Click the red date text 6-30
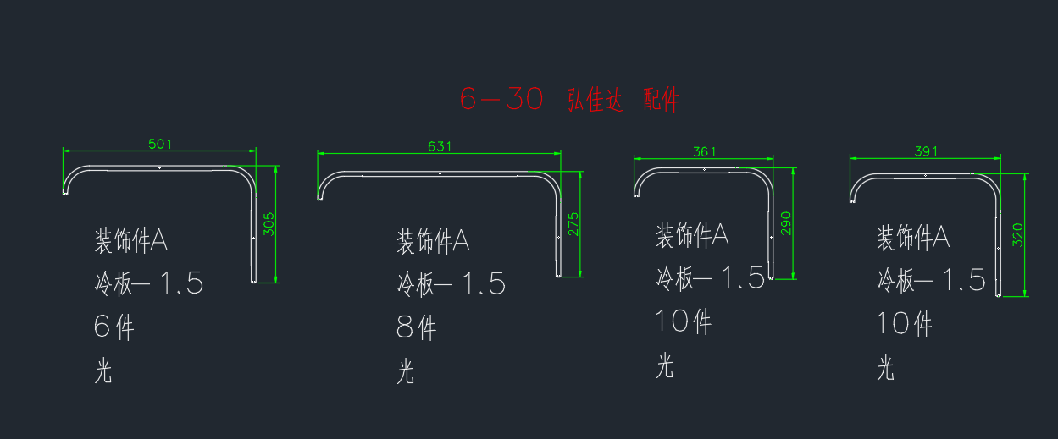pyautogui.click(x=501, y=99)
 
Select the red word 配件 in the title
pyautogui.click(x=662, y=100)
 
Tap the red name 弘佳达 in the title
pyautogui.click(x=595, y=100)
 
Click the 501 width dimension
pyautogui.click(x=160, y=144)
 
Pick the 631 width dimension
pyautogui.click(x=440, y=146)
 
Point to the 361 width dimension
pyautogui.click(x=704, y=152)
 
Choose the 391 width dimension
pyautogui.click(x=926, y=151)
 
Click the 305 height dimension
pyautogui.click(x=269, y=224)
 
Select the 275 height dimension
pyautogui.click(x=573, y=224)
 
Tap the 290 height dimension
pyautogui.click(x=785, y=223)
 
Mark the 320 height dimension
pyautogui.click(x=1017, y=235)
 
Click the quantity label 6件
pyautogui.click(x=114, y=327)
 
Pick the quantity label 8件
pyautogui.click(x=416, y=327)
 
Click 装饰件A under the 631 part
pyautogui.click(x=433, y=241)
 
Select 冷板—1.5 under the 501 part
pyautogui.click(x=149, y=283)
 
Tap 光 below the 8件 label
pyautogui.click(x=406, y=371)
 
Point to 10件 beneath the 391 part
pyautogui.click(x=904, y=324)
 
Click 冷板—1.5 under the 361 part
pyautogui.click(x=710, y=277)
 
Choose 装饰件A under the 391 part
pyautogui.click(x=913, y=237)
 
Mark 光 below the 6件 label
pyautogui.click(x=103, y=370)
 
